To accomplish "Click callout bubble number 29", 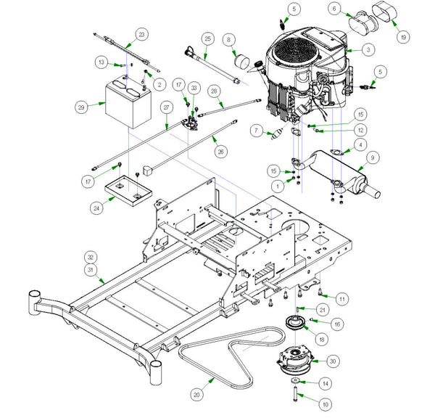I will tap(80, 107).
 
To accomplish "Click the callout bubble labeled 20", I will tap(195, 395).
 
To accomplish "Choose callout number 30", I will tap(333, 361).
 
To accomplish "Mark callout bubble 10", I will tap(304, 403).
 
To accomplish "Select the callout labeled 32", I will tap(90, 257).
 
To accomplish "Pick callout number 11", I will tap(342, 298).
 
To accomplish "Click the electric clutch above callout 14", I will tap(297, 362).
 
